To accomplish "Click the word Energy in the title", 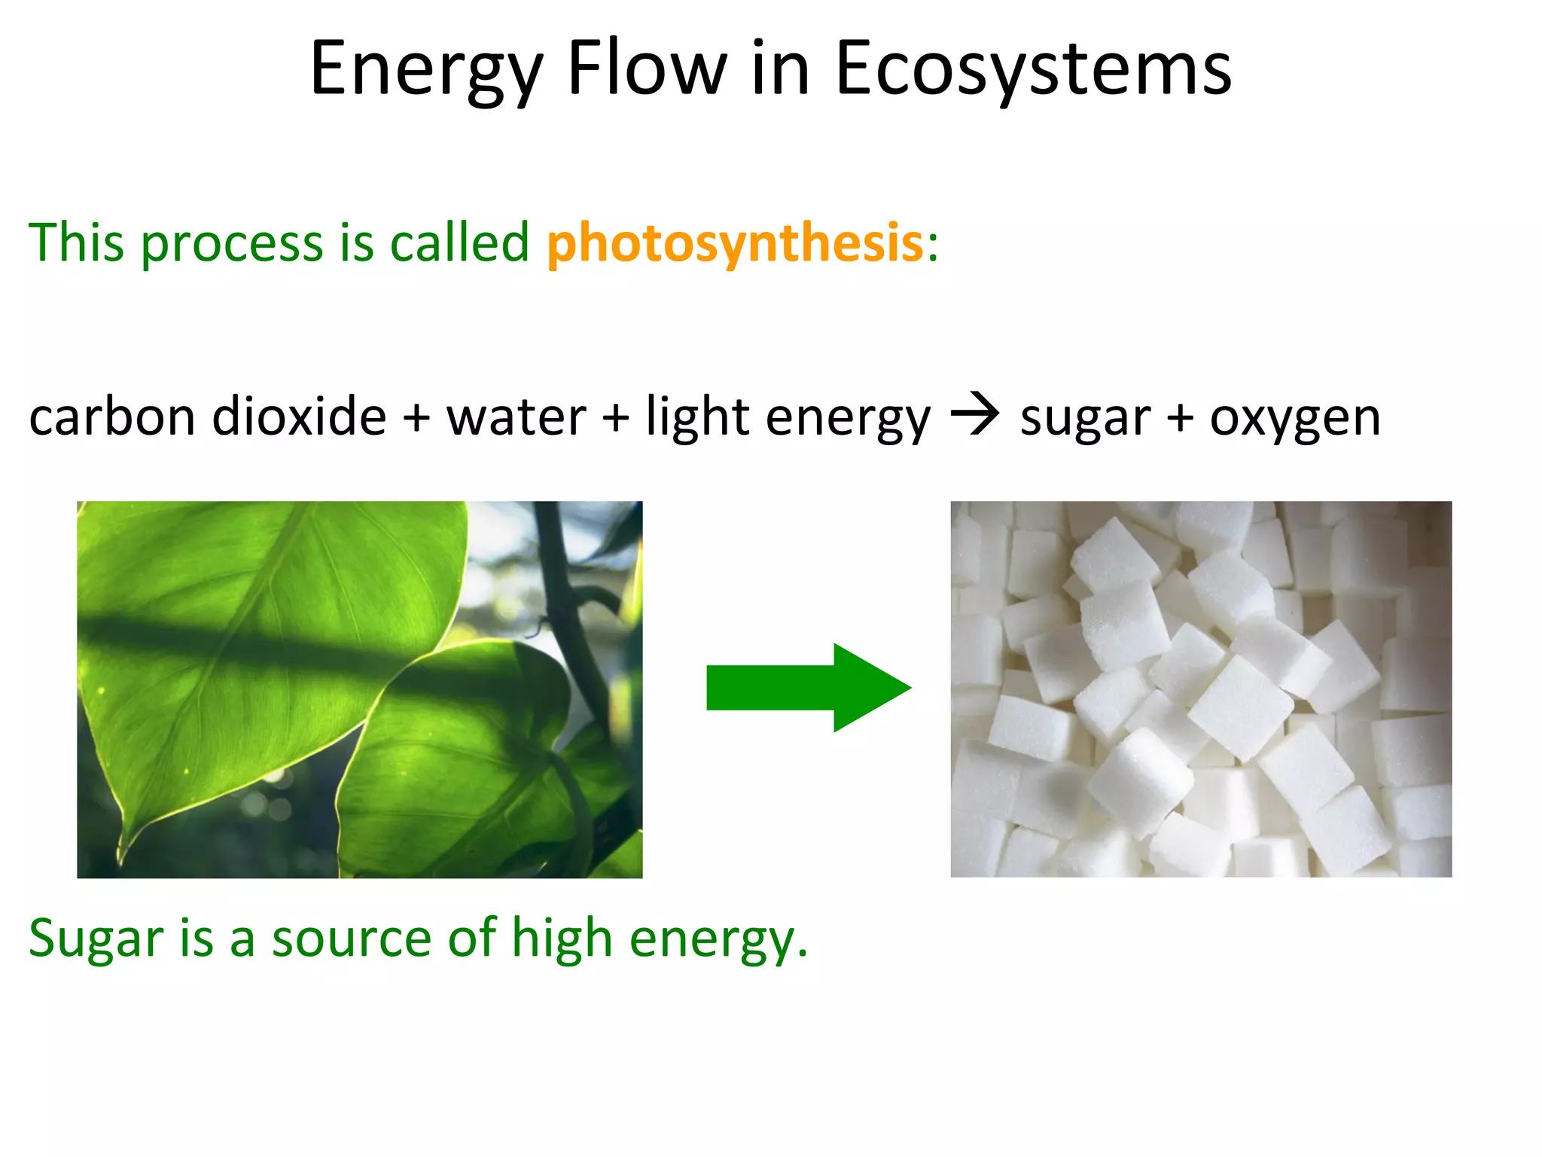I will [425, 69].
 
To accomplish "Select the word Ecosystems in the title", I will [1032, 69].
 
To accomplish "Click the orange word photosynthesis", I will [735, 244].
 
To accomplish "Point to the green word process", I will [231, 246].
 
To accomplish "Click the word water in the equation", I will [516, 417].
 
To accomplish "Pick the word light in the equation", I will [697, 417].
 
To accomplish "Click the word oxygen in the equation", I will [1294, 419].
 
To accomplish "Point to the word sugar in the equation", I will [1085, 419].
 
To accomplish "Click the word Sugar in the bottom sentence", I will [96, 939].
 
